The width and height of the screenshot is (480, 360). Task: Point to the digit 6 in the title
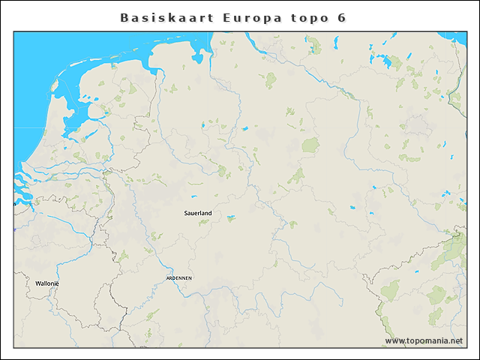click(342, 17)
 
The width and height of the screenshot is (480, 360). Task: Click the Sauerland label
click(198, 213)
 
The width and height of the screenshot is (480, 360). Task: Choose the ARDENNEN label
click(179, 277)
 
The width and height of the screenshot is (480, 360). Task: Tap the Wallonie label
click(46, 283)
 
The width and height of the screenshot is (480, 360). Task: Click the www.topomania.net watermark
click(424, 341)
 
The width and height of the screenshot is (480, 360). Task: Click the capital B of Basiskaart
click(124, 17)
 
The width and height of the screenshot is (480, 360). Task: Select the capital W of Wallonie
click(37, 283)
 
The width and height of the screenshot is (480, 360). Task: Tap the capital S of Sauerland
click(186, 213)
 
